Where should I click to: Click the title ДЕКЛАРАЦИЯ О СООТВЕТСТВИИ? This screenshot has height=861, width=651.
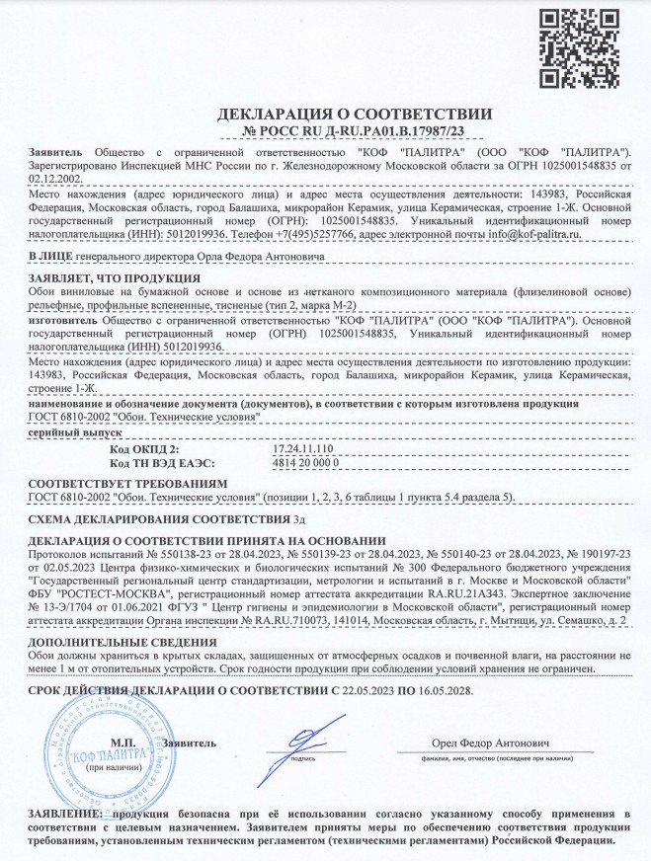325,114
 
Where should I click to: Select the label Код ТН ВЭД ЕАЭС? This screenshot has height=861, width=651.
162,462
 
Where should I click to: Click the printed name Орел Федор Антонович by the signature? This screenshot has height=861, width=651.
492,742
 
